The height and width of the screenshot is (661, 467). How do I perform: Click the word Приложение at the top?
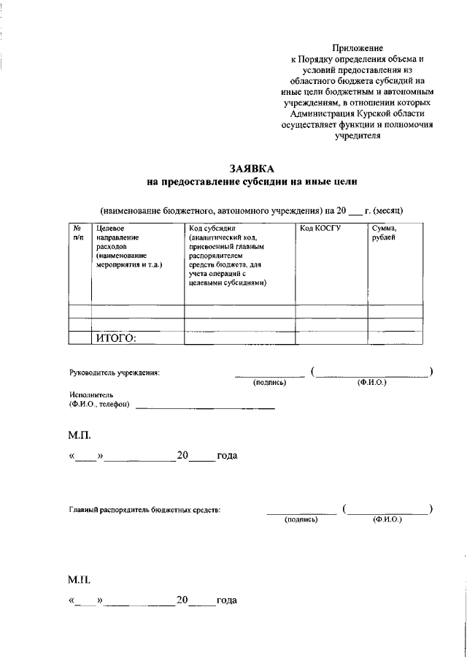coord(357,47)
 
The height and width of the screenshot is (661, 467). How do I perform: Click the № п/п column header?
coord(78,233)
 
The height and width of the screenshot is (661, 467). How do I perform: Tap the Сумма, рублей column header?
coord(384,233)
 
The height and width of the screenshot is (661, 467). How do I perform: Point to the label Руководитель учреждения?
coord(114,372)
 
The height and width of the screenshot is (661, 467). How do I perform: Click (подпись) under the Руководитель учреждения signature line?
coord(269,383)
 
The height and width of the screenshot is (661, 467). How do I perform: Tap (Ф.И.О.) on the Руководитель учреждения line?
coord(371,383)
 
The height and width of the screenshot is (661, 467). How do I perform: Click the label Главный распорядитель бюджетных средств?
coord(144,510)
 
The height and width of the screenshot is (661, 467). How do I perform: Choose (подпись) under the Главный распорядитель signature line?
coord(301,519)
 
